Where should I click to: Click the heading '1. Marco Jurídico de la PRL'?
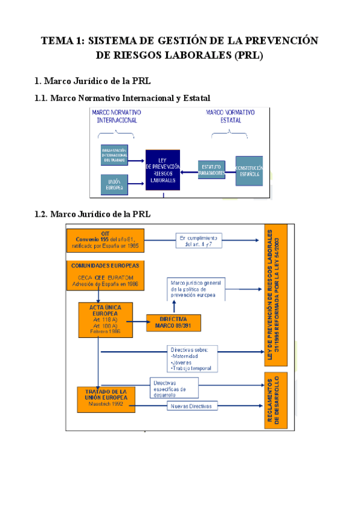tap(92, 81)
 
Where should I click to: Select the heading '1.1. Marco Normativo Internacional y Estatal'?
tap(122, 98)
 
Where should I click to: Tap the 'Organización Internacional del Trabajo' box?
tap(114, 155)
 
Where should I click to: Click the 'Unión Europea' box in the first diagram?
tap(114, 185)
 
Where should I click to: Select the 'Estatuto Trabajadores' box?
tap(211, 170)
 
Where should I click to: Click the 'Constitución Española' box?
tap(248, 170)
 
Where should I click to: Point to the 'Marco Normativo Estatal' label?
tap(230, 116)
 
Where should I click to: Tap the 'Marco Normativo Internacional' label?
tap(116, 116)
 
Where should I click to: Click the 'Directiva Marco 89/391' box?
tap(173, 322)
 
